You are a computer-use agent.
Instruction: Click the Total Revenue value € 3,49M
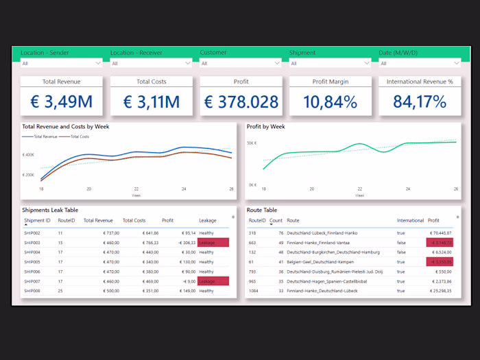[x=61, y=103]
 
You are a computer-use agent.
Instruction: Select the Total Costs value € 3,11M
[x=151, y=103]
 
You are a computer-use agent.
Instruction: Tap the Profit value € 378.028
[x=241, y=103]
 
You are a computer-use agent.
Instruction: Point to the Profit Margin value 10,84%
[x=330, y=103]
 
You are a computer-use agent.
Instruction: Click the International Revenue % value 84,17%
[x=420, y=103]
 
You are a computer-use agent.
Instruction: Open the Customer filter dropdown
[x=240, y=63]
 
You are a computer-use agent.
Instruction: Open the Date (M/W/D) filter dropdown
[x=419, y=63]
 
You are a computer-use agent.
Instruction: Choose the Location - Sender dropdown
[x=61, y=63]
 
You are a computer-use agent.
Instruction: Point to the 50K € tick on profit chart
[x=252, y=143]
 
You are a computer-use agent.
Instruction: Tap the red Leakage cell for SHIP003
[x=213, y=243]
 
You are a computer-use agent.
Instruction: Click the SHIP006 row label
[x=32, y=272]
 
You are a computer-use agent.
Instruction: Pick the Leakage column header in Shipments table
[x=208, y=221]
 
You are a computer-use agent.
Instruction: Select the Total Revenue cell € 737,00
[x=101, y=233]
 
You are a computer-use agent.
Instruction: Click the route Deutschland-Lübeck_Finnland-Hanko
[x=322, y=233]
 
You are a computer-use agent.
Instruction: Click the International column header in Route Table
[x=410, y=221]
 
